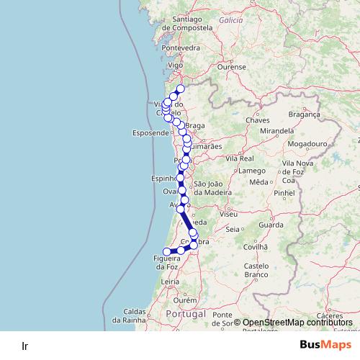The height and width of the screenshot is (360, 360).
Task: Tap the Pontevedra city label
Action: (180, 48)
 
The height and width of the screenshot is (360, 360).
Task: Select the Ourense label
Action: (232, 66)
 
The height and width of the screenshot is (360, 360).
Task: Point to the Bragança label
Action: (303, 114)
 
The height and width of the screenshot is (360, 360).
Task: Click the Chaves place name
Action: (257, 120)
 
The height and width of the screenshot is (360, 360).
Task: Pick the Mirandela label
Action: (278, 132)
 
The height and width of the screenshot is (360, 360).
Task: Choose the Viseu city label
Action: (229, 214)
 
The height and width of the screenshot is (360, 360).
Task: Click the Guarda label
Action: (271, 225)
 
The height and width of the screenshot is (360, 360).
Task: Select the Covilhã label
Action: (256, 246)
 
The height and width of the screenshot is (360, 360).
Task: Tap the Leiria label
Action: (170, 282)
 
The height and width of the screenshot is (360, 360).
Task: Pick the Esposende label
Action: (150, 133)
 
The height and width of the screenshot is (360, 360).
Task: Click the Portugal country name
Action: (186, 315)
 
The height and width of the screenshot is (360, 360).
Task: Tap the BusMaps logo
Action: (325, 345)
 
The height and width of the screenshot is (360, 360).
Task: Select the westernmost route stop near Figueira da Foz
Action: (167, 252)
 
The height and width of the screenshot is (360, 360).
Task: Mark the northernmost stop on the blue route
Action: (181, 89)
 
